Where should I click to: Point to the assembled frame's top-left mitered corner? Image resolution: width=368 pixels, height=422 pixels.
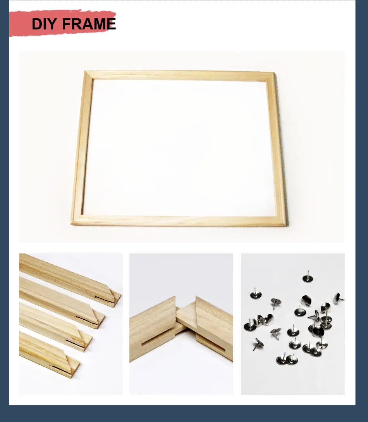[88, 75]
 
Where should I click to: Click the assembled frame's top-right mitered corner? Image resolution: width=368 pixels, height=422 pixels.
[271, 76]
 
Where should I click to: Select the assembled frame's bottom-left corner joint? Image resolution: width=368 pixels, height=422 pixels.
[77, 220]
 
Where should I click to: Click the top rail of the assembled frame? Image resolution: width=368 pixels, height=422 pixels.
[180, 75]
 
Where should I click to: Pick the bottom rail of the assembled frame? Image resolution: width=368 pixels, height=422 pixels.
[179, 221]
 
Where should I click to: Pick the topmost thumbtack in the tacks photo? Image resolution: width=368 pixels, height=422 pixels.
[308, 277]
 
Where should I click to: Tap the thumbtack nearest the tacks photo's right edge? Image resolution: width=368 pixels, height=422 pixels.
[338, 298]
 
